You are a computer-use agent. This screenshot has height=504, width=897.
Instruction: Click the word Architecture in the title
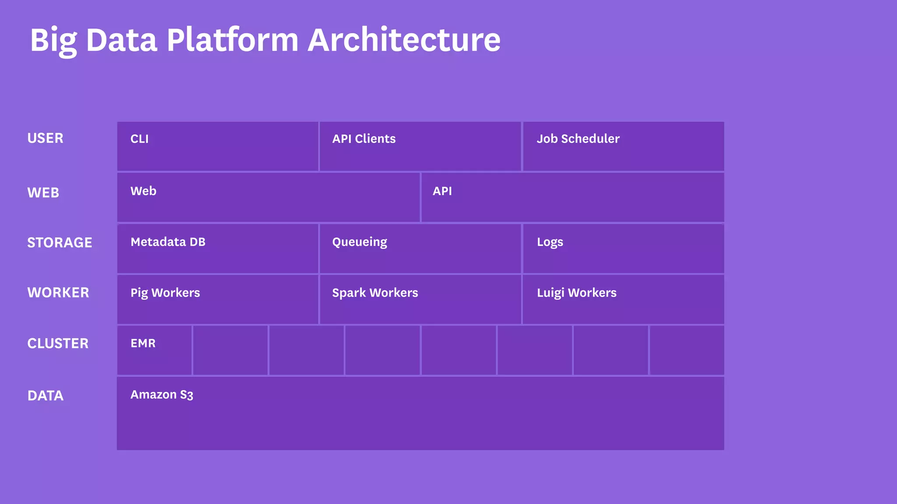click(x=404, y=40)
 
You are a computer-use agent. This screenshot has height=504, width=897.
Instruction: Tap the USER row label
click(x=45, y=138)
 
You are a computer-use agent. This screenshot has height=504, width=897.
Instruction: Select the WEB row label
click(x=43, y=192)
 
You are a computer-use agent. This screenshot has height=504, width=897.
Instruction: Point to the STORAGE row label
click(x=60, y=242)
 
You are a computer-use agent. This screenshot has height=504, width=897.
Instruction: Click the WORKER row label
click(x=58, y=292)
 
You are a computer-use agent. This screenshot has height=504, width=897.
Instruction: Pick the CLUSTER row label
click(x=58, y=343)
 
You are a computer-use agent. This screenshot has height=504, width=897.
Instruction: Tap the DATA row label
click(x=46, y=395)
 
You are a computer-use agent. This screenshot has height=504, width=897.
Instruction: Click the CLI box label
click(x=139, y=139)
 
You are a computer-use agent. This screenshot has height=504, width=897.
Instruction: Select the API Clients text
click(x=364, y=139)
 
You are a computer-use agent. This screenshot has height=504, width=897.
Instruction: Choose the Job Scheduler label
click(x=578, y=139)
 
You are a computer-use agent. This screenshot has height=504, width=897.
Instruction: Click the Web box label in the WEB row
click(x=143, y=191)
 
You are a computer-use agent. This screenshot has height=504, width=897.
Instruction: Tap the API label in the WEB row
click(x=442, y=191)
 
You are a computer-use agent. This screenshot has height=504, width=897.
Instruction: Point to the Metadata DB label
click(x=168, y=242)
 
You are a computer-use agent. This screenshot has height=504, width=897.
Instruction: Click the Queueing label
click(x=359, y=242)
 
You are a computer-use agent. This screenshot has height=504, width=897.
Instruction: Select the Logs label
click(x=550, y=242)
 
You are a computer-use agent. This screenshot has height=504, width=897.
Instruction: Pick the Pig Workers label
click(x=165, y=293)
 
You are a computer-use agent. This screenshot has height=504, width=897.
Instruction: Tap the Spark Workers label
click(x=375, y=293)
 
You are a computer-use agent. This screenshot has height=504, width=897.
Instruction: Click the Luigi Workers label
click(x=576, y=293)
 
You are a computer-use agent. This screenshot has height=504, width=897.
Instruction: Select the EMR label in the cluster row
click(x=143, y=343)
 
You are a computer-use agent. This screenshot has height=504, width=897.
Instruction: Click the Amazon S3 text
click(x=162, y=395)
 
